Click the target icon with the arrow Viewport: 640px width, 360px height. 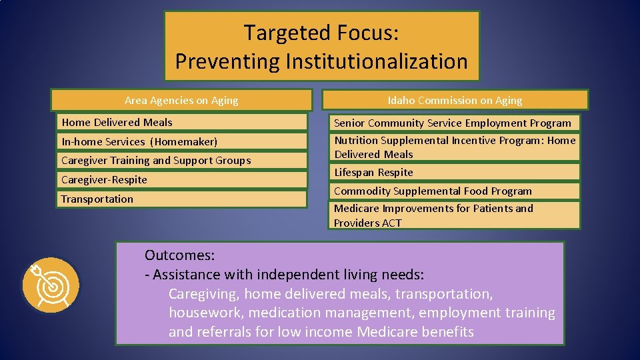click(x=51, y=286)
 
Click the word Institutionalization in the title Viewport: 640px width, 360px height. click(x=377, y=61)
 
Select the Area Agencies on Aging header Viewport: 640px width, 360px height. click(x=181, y=101)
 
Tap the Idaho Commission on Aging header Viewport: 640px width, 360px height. click(x=455, y=101)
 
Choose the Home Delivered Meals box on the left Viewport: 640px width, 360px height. click(x=117, y=122)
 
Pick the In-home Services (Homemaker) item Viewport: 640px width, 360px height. click(x=139, y=141)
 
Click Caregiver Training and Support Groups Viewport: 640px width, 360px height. click(x=156, y=160)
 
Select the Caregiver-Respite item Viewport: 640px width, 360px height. click(x=104, y=179)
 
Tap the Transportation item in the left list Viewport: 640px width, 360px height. click(x=97, y=199)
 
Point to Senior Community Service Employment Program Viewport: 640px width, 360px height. click(x=452, y=123)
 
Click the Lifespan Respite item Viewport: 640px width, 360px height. click(x=373, y=172)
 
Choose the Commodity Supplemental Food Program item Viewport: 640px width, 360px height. click(x=433, y=191)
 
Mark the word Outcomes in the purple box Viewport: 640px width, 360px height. click(x=179, y=255)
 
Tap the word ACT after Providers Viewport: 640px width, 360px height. click(x=391, y=223)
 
